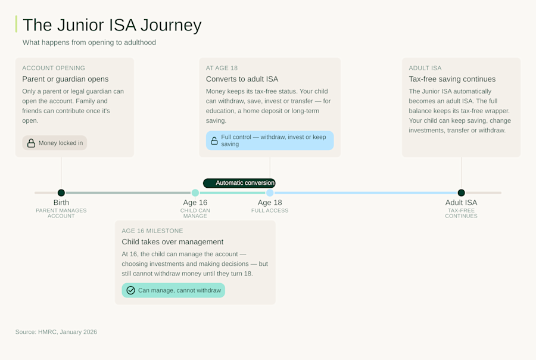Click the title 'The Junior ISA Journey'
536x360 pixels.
click(112, 25)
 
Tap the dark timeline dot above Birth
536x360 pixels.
click(61, 193)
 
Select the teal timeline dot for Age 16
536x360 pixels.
click(195, 193)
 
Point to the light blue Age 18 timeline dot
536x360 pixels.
click(270, 193)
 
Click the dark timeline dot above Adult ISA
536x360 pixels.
click(461, 193)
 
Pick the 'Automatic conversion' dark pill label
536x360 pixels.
click(239, 183)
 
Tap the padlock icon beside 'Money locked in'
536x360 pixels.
click(31, 143)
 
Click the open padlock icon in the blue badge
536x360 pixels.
click(214, 141)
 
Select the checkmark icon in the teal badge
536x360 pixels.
click(131, 290)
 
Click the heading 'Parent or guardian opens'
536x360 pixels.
click(66, 79)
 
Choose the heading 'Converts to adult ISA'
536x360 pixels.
click(242, 79)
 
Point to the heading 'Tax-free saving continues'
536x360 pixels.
click(452, 79)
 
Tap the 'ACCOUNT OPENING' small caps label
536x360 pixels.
click(54, 68)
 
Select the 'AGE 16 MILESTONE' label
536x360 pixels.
click(152, 231)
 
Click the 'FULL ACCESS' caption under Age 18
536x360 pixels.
click(270, 210)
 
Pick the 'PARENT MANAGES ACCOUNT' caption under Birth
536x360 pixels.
click(61, 213)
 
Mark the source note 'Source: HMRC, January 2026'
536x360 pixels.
click(56, 332)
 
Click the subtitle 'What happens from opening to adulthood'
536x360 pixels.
click(89, 42)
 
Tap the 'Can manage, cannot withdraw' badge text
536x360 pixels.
click(179, 290)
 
